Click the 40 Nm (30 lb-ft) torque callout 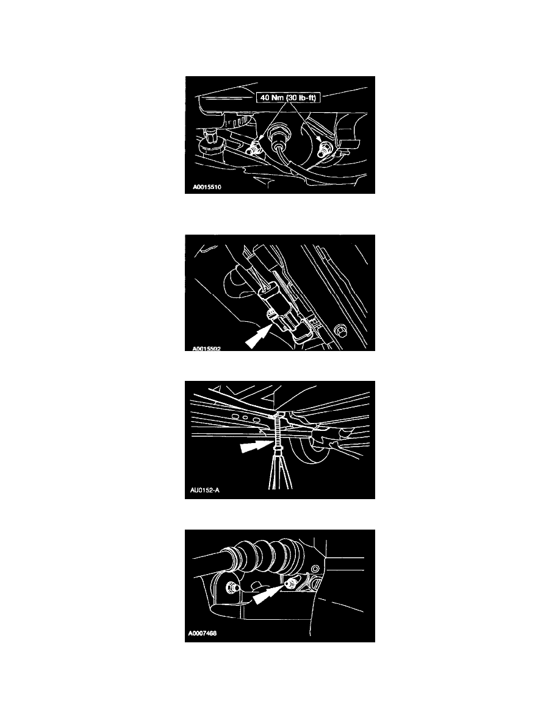pos(288,98)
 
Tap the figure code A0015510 pos(207,188)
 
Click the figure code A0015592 pos(207,349)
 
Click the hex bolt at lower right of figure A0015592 pos(338,330)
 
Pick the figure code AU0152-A pos(205,490)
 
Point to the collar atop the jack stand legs pos(279,449)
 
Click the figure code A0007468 pos(203,633)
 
